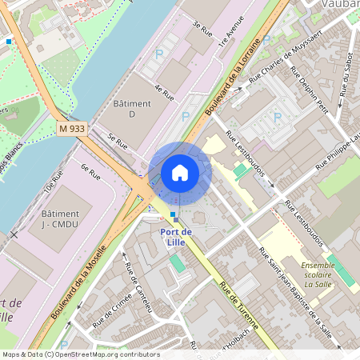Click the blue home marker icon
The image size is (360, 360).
point(180,173)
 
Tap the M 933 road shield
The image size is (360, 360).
point(71,128)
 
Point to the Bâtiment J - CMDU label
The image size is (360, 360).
point(60,219)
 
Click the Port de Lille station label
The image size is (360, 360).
point(175,237)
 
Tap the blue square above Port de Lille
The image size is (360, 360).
point(173,215)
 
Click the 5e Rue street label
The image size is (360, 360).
point(118,142)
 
